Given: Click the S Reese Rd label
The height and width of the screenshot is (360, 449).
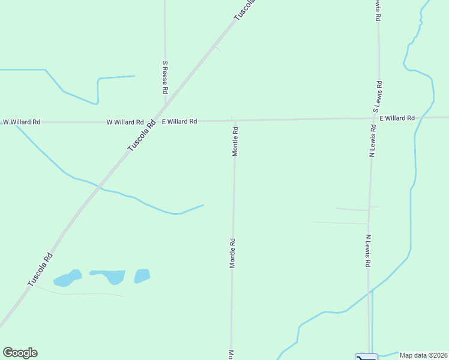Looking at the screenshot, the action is (x=165, y=77).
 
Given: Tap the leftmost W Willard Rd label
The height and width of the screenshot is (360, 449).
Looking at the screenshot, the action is (x=22, y=122).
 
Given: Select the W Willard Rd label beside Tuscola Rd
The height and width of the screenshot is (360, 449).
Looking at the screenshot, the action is (x=125, y=122).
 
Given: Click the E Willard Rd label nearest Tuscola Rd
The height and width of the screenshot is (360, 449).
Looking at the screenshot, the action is (x=178, y=121).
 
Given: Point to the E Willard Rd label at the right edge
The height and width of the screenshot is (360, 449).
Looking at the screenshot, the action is (x=397, y=118).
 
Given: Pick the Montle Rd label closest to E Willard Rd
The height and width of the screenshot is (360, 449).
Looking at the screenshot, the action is (x=235, y=142).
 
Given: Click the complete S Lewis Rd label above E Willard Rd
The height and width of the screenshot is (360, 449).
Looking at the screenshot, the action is (x=377, y=97).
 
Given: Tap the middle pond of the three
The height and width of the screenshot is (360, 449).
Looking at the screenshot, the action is (x=110, y=275).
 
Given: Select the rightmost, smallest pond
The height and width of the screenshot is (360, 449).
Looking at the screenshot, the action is (x=142, y=275).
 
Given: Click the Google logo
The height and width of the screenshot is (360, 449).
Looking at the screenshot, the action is (x=20, y=353).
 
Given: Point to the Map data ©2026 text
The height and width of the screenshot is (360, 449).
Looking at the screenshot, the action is (x=424, y=355).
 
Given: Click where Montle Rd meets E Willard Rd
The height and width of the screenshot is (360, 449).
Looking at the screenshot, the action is (x=235, y=121).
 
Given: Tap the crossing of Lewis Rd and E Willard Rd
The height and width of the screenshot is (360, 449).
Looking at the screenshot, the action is (x=375, y=118).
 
